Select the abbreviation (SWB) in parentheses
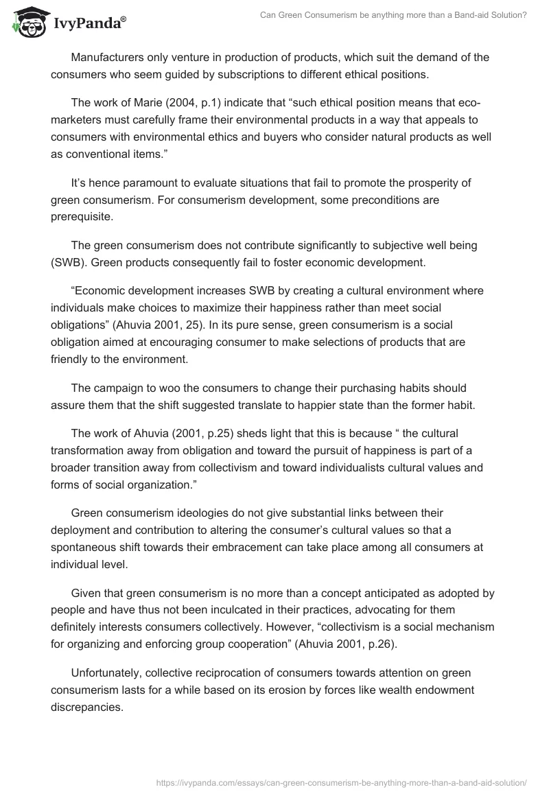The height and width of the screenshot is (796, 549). click(x=70, y=261)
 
